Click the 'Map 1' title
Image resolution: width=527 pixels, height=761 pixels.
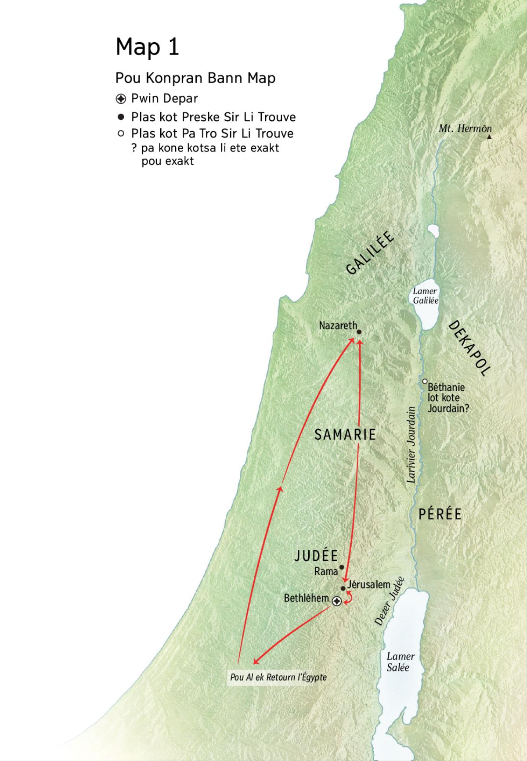[147, 47]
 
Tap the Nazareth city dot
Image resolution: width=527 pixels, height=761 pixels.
[359, 332]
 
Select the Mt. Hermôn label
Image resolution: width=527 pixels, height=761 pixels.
[465, 129]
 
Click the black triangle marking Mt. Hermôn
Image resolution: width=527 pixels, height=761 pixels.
[489, 137]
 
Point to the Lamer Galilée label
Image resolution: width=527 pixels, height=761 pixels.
[425, 296]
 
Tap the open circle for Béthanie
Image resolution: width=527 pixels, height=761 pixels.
[425, 381]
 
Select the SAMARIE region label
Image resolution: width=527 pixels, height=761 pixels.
[345, 434]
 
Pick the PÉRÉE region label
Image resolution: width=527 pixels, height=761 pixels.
[440, 514]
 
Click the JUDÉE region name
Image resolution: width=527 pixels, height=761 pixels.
[316, 556]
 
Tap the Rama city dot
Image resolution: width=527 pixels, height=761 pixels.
[342, 567]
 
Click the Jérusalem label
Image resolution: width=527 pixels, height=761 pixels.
[368, 584]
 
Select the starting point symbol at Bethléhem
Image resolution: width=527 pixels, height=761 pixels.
[336, 601]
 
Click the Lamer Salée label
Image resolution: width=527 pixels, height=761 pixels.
[400, 662]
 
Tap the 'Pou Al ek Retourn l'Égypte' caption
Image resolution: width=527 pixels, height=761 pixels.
[278, 677]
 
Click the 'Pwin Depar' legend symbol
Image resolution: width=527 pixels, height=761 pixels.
[121, 98]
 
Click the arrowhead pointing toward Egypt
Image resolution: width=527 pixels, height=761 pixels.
[256, 662]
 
